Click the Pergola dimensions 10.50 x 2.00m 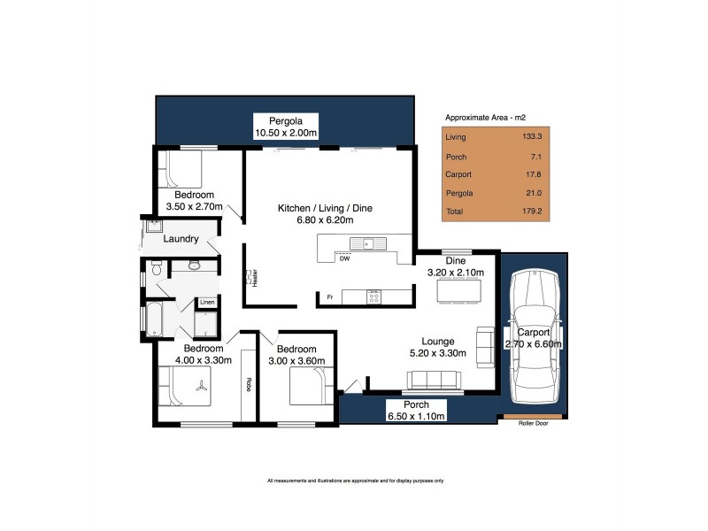[286, 133]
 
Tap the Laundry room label [181, 239]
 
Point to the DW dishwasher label [343, 259]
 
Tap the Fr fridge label [329, 296]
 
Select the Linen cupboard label [206, 303]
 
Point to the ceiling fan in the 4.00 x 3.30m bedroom [202, 386]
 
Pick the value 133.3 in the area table [531, 137]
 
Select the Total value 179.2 [531, 212]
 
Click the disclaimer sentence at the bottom [354, 481]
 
